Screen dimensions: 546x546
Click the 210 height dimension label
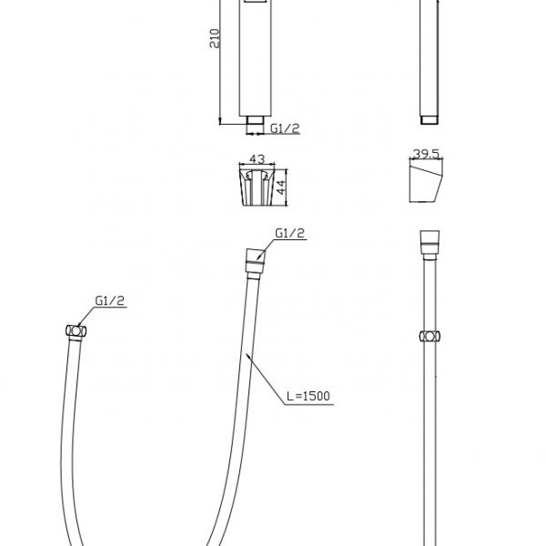point(215,38)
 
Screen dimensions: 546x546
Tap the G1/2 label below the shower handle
point(285,128)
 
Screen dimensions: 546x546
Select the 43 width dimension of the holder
point(258,158)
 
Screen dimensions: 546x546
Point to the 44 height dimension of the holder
point(281,187)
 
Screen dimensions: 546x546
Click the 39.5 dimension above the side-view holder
point(426,154)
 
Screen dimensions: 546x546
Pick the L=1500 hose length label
point(308,396)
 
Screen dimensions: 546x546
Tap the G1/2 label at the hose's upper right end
point(289,233)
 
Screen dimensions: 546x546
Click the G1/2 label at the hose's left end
point(110,300)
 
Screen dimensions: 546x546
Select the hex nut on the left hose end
point(76,331)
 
